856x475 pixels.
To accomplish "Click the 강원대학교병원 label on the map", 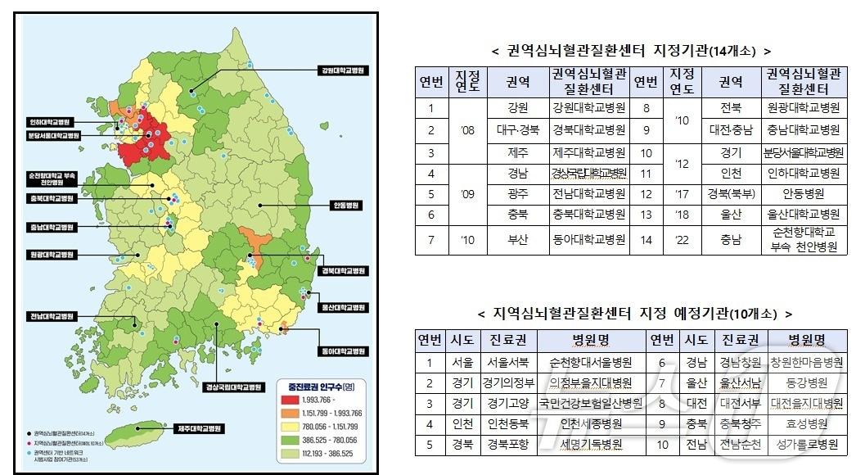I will click(x=341, y=70).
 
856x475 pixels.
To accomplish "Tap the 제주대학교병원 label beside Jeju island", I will click(x=199, y=428).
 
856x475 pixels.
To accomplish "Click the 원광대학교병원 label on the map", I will click(x=51, y=255).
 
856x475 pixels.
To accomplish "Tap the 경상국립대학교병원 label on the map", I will click(x=232, y=387).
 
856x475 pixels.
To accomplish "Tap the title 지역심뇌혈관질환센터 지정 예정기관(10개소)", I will click(x=634, y=314).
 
